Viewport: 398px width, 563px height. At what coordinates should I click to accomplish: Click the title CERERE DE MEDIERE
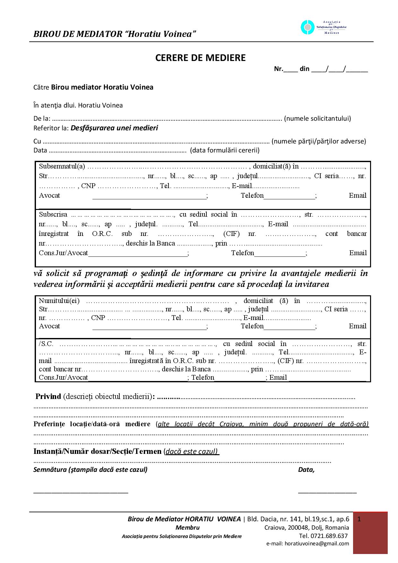point(200,58)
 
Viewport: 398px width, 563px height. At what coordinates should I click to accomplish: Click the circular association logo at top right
point(307,27)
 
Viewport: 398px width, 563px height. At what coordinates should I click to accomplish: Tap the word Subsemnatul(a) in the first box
point(62,166)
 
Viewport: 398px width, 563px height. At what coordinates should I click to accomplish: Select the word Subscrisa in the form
point(53,214)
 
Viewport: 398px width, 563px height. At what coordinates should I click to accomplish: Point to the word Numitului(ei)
point(59,301)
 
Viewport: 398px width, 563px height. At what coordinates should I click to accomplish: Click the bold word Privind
point(48,396)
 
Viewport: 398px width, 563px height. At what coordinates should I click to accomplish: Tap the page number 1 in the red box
point(359,519)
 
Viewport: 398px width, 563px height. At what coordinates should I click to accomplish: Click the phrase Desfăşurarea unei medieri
point(114,128)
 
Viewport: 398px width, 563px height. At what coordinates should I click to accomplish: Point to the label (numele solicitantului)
point(317,118)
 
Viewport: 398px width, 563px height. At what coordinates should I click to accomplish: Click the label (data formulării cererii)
point(225,150)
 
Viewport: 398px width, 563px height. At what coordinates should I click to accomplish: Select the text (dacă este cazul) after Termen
point(191,451)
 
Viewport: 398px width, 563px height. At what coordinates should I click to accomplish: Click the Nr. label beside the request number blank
point(278,69)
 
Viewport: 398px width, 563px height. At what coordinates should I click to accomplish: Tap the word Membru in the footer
point(187,528)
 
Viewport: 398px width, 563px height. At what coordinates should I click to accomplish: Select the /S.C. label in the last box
point(46,344)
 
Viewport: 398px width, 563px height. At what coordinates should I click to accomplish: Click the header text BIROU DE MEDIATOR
point(77,34)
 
